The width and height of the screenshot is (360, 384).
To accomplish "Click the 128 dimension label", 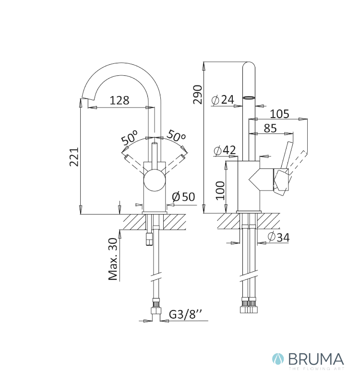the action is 119,100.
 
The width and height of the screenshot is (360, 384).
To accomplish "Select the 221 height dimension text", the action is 74,157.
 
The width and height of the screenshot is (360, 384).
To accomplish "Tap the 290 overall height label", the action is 198,95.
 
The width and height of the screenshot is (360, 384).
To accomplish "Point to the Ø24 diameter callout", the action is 223,100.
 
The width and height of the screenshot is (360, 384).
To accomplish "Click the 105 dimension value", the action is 279,114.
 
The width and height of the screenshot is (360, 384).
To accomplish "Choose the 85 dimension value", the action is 270,128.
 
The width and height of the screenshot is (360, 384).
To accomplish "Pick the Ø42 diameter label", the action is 225,150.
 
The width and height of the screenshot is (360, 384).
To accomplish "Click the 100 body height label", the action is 220,191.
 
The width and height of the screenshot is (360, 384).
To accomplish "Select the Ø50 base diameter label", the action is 183,196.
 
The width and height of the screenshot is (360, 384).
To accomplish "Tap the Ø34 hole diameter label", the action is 278,237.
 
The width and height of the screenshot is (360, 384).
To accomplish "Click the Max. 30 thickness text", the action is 113,259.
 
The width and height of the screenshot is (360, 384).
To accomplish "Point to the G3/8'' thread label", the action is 186,314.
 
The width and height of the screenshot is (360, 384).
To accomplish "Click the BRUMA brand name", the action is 316,360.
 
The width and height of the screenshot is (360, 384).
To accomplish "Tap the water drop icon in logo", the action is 278,359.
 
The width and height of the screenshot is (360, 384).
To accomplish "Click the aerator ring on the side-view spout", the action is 249,98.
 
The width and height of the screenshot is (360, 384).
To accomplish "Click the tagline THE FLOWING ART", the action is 316,369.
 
